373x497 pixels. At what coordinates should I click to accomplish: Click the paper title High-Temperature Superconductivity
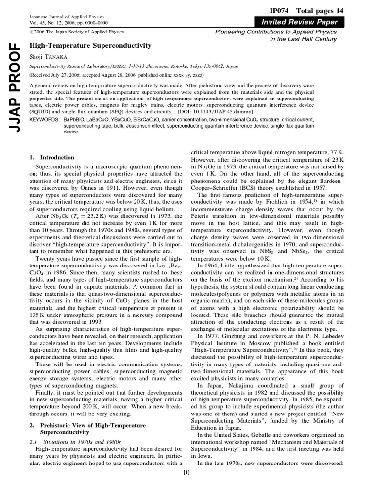(x=90, y=45)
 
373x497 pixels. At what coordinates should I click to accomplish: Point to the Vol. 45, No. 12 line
(x=69, y=23)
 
